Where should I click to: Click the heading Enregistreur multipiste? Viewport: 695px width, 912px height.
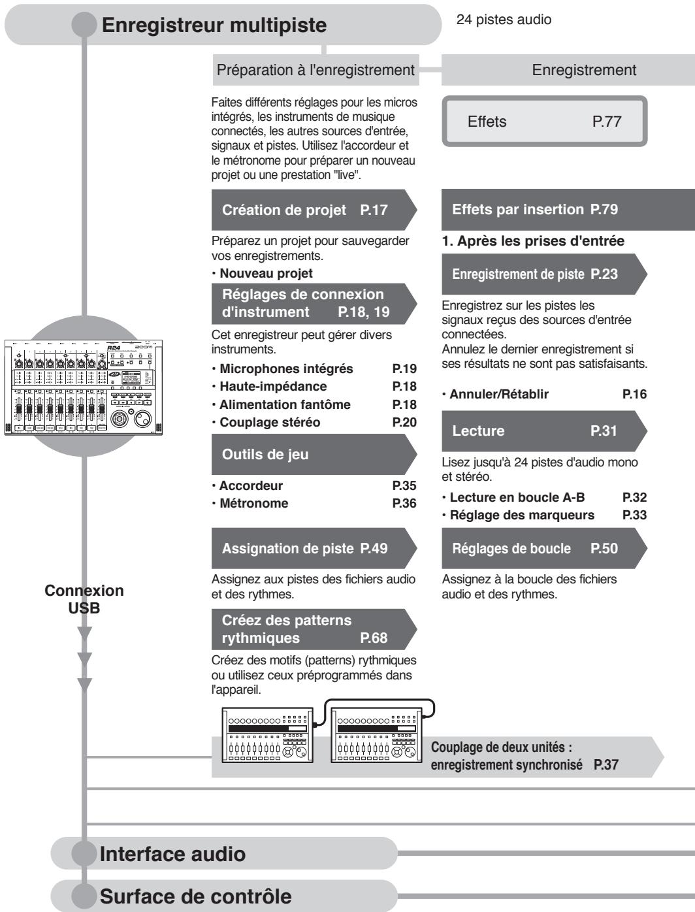214,25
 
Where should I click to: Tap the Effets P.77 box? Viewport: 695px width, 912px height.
544,122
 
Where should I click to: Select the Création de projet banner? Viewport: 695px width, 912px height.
314,210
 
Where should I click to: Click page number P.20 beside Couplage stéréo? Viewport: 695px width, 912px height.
404,422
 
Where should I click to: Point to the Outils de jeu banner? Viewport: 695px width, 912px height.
314,455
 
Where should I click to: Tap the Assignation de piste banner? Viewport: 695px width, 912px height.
314,549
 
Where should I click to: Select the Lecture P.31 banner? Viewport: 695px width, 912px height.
544,431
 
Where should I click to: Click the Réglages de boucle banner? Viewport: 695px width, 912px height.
544,549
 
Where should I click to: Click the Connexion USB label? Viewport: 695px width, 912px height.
84,598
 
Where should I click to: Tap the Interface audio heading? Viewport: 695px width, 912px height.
172,855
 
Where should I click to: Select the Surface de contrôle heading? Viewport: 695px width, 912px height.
195,896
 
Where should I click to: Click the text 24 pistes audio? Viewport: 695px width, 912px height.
504,20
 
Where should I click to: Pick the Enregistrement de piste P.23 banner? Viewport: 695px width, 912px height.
544,274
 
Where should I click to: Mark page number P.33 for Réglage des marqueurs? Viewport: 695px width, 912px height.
634,515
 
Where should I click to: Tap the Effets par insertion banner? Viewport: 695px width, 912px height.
568,210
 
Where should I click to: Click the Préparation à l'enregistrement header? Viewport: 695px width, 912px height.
315,70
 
